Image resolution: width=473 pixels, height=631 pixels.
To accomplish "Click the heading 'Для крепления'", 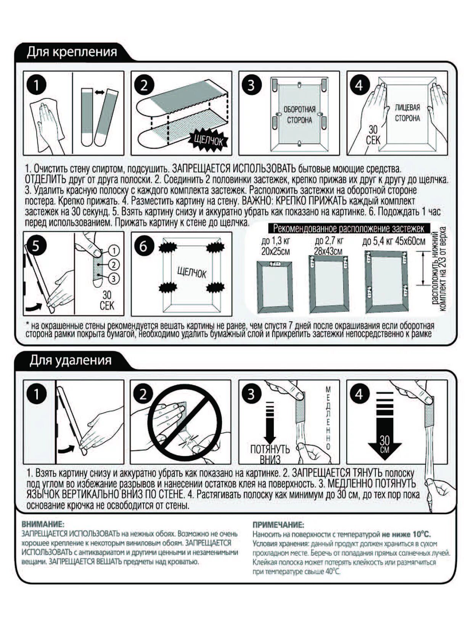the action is click(x=72, y=52).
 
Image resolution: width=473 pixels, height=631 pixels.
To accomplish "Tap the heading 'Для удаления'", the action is click(x=71, y=361).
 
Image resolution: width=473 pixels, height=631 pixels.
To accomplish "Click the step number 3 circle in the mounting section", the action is click(x=251, y=85).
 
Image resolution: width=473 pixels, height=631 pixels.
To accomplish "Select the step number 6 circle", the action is click(x=143, y=246).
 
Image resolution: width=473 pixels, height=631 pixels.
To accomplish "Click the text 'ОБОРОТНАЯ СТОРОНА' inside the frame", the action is click(x=299, y=115).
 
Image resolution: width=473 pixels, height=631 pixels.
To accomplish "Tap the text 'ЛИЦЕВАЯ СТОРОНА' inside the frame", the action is click(x=407, y=113).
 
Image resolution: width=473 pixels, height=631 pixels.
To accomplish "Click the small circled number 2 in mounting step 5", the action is click(x=114, y=264).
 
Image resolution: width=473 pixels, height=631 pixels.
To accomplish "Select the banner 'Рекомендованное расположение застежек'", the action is click(x=349, y=229).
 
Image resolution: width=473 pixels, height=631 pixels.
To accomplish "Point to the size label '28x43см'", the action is click(x=328, y=251).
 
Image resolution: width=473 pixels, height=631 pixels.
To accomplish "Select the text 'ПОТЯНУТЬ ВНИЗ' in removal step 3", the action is click(x=270, y=454).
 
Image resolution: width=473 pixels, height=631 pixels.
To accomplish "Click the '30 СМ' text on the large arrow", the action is click(x=385, y=443).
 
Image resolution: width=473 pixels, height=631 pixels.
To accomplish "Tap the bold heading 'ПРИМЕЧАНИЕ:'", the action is click(x=278, y=525).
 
